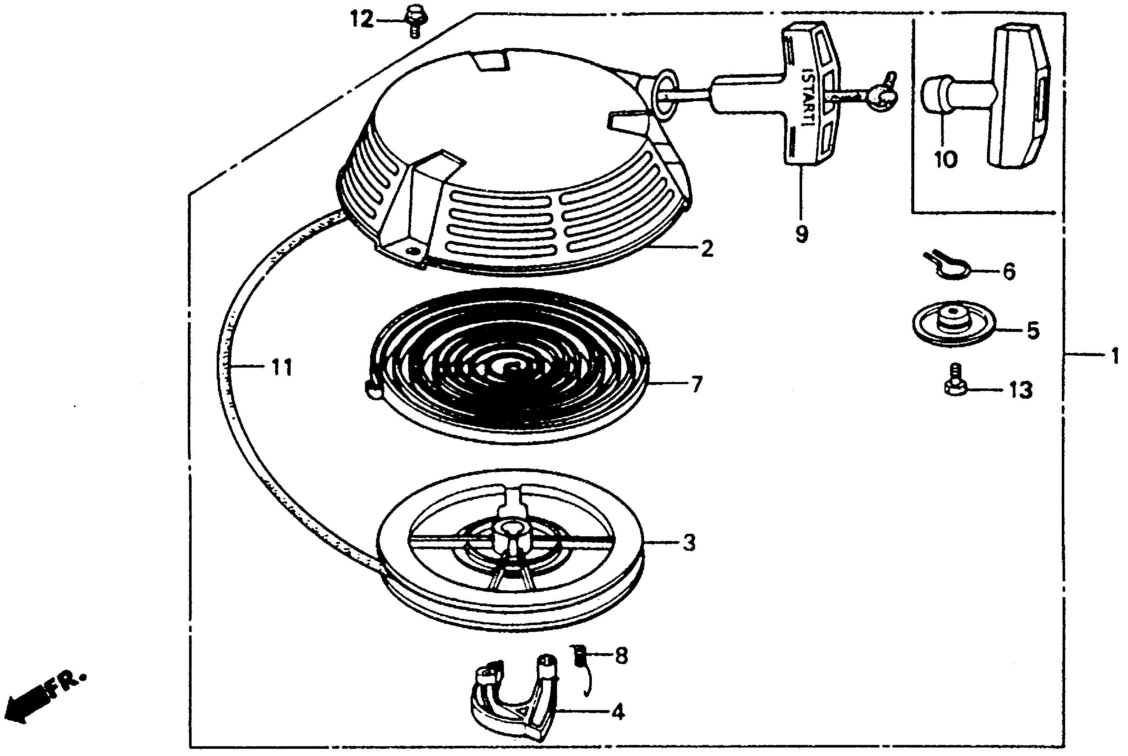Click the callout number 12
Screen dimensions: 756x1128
click(x=362, y=20)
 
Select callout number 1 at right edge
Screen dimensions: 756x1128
click(x=1114, y=357)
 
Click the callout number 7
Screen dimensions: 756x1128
click(x=696, y=385)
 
